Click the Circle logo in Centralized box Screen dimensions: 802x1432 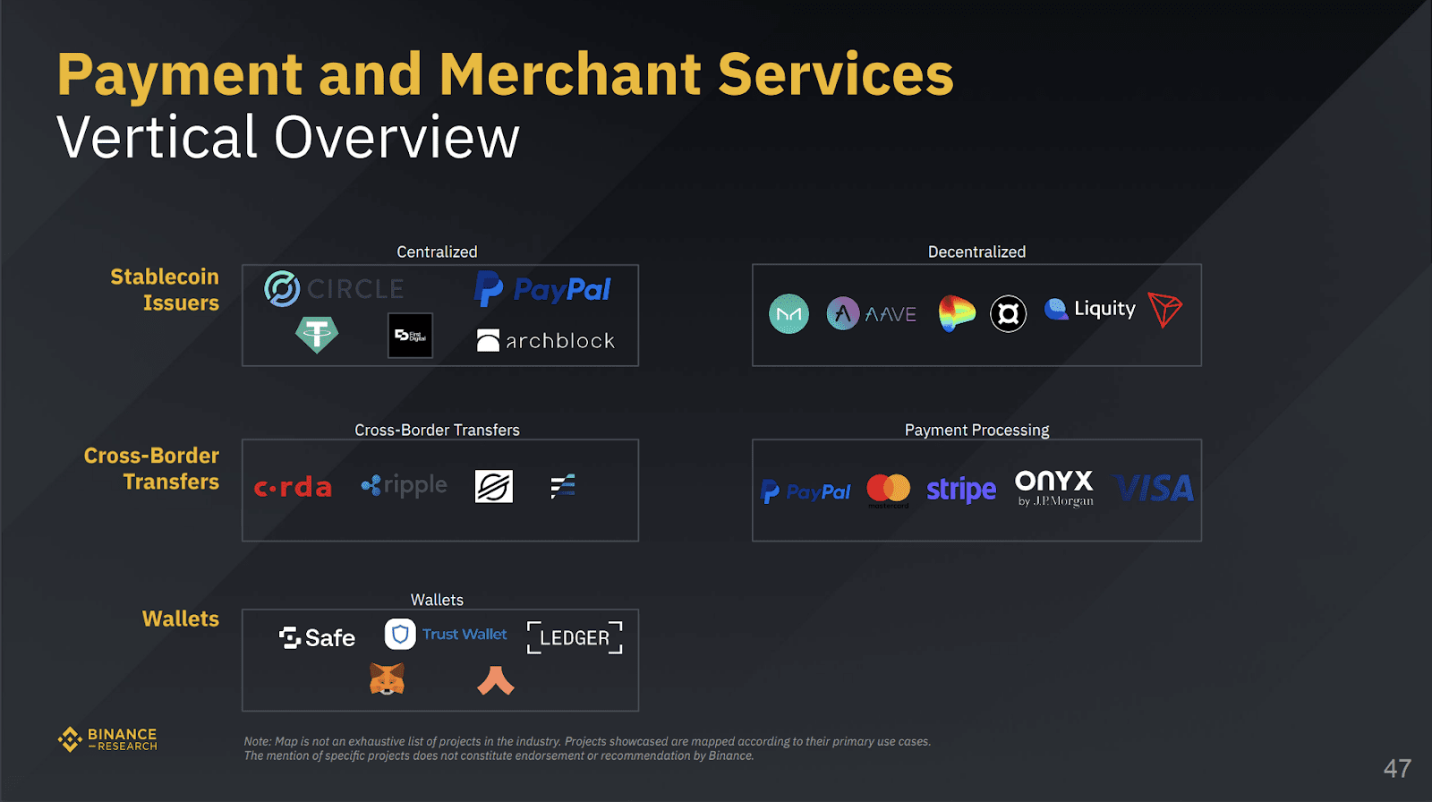[x=334, y=289]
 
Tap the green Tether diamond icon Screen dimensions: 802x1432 [x=317, y=335]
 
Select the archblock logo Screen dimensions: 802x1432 [x=546, y=340]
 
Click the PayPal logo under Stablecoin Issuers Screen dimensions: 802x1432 [x=542, y=289]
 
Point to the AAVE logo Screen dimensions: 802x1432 [x=871, y=313]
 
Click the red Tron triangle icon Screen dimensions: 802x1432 [x=1164, y=310]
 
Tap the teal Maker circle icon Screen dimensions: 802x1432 [x=788, y=314]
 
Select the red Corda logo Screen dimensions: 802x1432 [x=293, y=487]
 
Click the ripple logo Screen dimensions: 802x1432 [x=404, y=485]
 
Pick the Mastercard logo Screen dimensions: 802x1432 [x=888, y=489]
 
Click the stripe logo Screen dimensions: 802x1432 [x=960, y=490]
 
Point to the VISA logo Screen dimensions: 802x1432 [x=1155, y=488]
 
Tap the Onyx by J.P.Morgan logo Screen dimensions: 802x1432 [x=1054, y=488]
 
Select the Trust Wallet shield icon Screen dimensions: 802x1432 [x=400, y=635]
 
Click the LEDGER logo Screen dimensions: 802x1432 [x=575, y=637]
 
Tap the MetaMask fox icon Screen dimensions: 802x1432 [x=387, y=679]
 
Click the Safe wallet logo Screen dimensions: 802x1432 [x=317, y=637]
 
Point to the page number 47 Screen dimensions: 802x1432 [x=1397, y=768]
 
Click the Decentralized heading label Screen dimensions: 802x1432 [x=976, y=252]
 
